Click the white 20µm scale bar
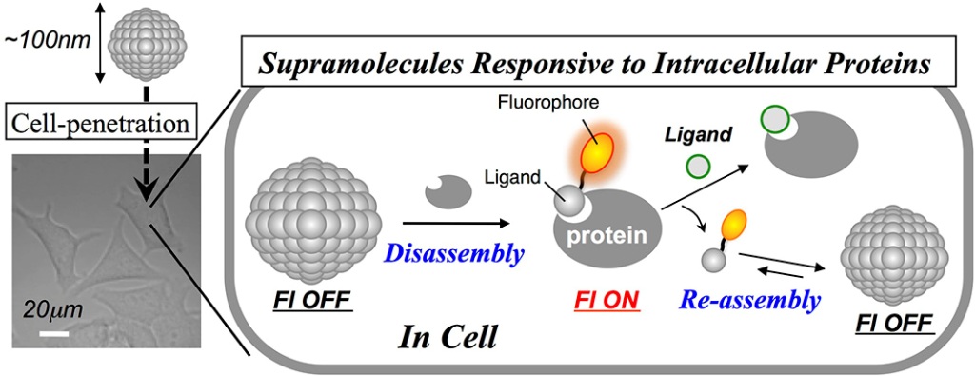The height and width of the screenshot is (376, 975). click(54, 334)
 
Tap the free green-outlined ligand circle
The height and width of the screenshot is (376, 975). click(700, 167)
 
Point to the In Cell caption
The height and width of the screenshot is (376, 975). click(448, 339)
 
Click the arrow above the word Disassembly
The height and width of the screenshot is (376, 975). click(457, 222)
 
